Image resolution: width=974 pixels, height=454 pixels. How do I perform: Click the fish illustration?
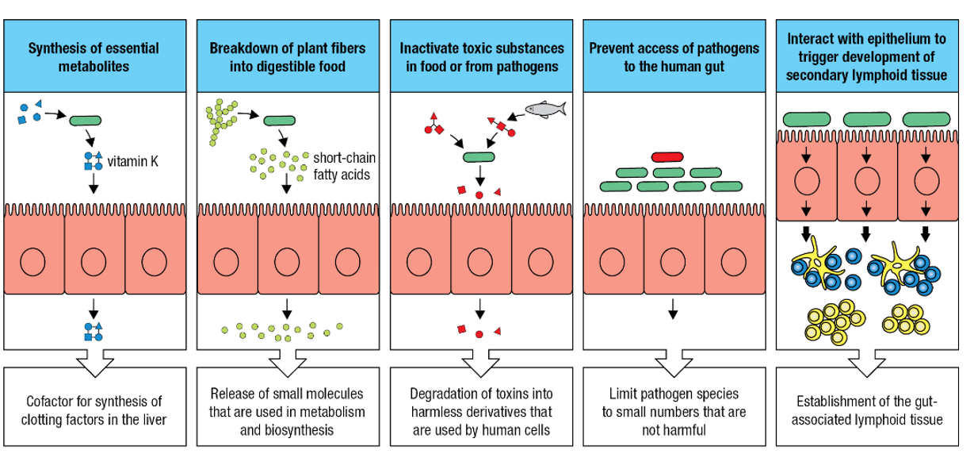pos(545,107)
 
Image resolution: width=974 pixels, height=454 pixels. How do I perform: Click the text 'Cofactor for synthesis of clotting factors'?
pos(94,409)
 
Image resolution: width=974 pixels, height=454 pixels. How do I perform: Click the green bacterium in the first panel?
pos(85,121)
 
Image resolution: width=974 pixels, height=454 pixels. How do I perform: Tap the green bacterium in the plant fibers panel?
pos(278,121)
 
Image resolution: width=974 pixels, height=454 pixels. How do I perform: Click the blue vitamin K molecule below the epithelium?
pos(94,331)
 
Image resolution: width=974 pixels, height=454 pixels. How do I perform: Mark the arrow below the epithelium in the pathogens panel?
pos(673,310)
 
